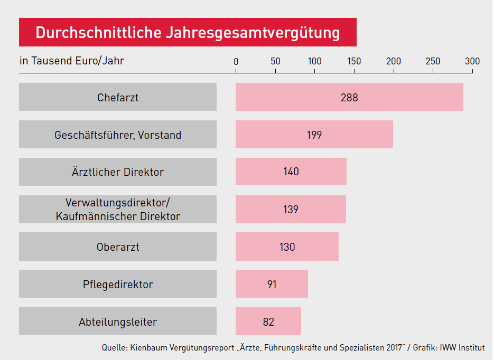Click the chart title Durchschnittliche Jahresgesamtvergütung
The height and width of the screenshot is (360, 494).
pyautogui.click(x=188, y=33)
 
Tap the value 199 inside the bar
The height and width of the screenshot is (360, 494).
pyautogui.click(x=314, y=135)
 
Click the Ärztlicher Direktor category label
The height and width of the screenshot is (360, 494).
pyautogui.click(x=118, y=172)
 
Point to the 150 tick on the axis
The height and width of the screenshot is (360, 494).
pyautogui.click(x=354, y=61)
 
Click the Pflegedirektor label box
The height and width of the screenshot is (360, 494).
pyautogui.click(x=118, y=285)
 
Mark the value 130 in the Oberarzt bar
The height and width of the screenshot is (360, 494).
pyautogui.click(x=287, y=247)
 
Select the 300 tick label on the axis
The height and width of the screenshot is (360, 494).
pyautogui.click(x=472, y=61)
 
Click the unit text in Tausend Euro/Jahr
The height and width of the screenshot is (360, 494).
pyautogui.click(x=72, y=61)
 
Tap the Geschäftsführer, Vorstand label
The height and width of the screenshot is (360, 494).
pyautogui.click(x=118, y=135)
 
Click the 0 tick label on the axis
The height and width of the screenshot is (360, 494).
pyautogui.click(x=236, y=61)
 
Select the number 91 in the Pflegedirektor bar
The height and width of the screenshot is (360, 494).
pyautogui.click(x=272, y=285)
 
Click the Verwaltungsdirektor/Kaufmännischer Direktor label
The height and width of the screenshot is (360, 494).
pyautogui.click(x=118, y=210)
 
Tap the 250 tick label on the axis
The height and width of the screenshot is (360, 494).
pyautogui.click(x=433, y=61)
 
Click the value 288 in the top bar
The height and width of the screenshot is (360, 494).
pyautogui.click(x=349, y=98)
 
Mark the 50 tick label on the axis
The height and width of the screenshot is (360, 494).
pyautogui.click(x=275, y=61)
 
